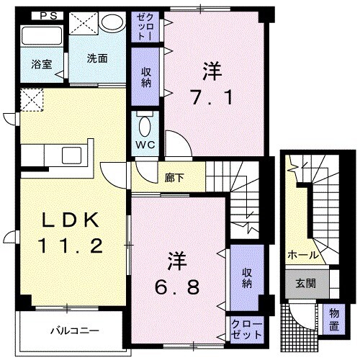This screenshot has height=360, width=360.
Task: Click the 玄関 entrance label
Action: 299,283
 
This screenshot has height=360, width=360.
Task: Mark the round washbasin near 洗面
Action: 111,24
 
